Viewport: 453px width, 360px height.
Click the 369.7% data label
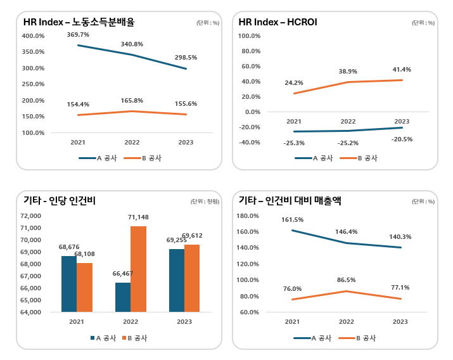(x=78, y=34)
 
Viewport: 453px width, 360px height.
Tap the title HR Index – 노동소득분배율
(x=79, y=22)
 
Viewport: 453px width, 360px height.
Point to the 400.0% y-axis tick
(x=33, y=35)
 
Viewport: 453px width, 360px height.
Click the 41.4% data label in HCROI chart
(x=402, y=68)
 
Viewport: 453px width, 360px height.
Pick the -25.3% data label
(x=294, y=143)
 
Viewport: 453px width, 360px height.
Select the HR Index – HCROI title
(x=278, y=22)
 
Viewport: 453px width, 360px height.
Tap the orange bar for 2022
(x=139, y=269)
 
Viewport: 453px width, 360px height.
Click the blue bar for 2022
(x=123, y=297)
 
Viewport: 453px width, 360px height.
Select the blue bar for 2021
(x=69, y=283)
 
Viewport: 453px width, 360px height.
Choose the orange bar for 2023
(x=192, y=278)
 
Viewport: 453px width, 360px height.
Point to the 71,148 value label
(x=138, y=218)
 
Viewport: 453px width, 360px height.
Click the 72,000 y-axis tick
(x=30, y=215)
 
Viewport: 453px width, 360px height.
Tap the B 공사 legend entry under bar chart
(x=134, y=338)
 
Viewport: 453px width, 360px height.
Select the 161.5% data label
(x=293, y=219)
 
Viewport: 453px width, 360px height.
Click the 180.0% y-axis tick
(x=248, y=215)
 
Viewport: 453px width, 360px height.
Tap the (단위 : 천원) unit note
(x=205, y=202)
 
